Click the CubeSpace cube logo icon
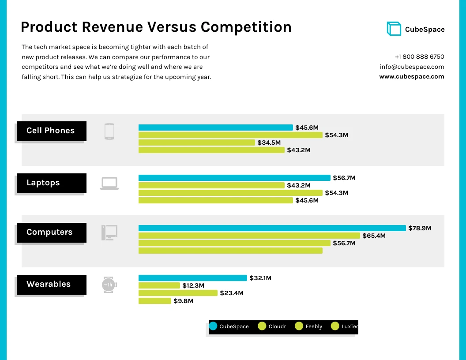pyautogui.click(x=394, y=29)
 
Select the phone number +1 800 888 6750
pyautogui.click(x=419, y=57)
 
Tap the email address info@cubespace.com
pyautogui.click(x=411, y=67)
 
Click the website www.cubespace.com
pyautogui.click(x=411, y=76)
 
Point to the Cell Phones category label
pyautogui.click(x=51, y=131)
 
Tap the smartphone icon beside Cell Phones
pyautogui.click(x=109, y=131)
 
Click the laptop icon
pyautogui.click(x=109, y=183)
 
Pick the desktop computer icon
pyautogui.click(x=109, y=232)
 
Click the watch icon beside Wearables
pyautogui.click(x=109, y=285)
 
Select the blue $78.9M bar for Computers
pyautogui.click(x=272, y=228)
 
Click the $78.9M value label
pyautogui.click(x=420, y=228)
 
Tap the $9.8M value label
pyautogui.click(x=183, y=301)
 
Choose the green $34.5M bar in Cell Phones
pyautogui.click(x=197, y=142)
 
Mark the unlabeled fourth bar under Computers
pyautogui.click(x=230, y=251)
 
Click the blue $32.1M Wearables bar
pyautogui.click(x=193, y=278)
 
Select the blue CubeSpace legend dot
pyautogui.click(x=213, y=326)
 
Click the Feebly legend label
pyautogui.click(x=314, y=326)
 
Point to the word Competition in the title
pyautogui.click(x=246, y=27)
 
